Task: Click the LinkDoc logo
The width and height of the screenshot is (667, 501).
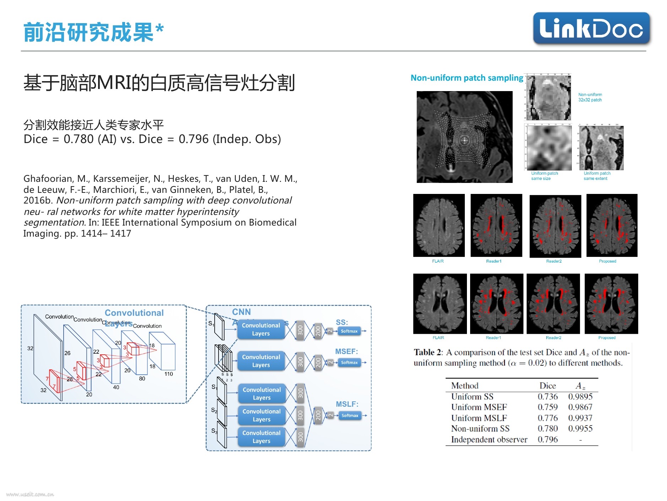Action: click(x=591, y=28)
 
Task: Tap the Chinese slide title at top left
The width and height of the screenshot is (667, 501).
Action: click(x=93, y=32)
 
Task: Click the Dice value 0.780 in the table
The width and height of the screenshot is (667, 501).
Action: click(x=547, y=428)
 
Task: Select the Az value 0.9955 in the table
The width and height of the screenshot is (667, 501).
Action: click(x=580, y=428)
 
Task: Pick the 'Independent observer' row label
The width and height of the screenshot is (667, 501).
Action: click(x=489, y=439)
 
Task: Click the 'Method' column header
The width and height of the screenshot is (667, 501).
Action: click(x=464, y=386)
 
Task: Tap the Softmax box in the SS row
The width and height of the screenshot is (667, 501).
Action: click(x=349, y=331)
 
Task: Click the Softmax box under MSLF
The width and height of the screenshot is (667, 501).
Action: click(x=350, y=416)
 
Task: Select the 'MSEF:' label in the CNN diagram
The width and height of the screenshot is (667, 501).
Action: click(x=346, y=352)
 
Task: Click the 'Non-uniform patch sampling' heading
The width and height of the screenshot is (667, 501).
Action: click(x=467, y=78)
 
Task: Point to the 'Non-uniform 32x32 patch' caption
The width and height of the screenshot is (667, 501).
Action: click(x=590, y=97)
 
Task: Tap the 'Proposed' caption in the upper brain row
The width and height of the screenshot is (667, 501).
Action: click(x=607, y=261)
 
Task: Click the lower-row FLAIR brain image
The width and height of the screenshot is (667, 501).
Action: click(x=440, y=304)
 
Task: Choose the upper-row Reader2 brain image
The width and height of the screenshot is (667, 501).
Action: click(x=555, y=226)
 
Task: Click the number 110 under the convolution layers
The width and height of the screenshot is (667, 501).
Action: click(x=168, y=374)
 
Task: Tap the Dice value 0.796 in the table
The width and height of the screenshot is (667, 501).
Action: click(x=547, y=439)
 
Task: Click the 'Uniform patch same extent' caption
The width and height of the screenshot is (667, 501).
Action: click(x=597, y=176)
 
